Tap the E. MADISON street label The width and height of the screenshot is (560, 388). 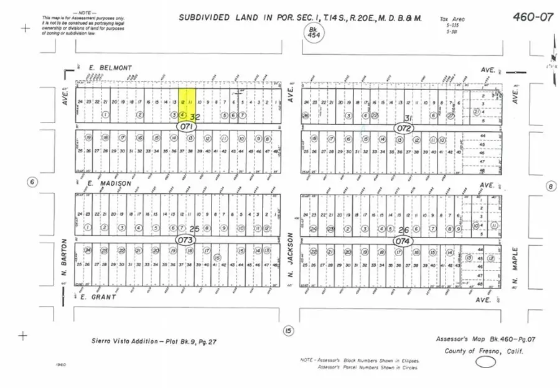pos(109,183)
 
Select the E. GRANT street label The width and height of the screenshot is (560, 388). pos(98,297)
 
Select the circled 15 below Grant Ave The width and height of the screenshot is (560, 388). pos(287,330)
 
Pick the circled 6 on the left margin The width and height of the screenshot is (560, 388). pos(33,182)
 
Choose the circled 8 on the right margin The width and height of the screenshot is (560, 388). pos(550,186)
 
